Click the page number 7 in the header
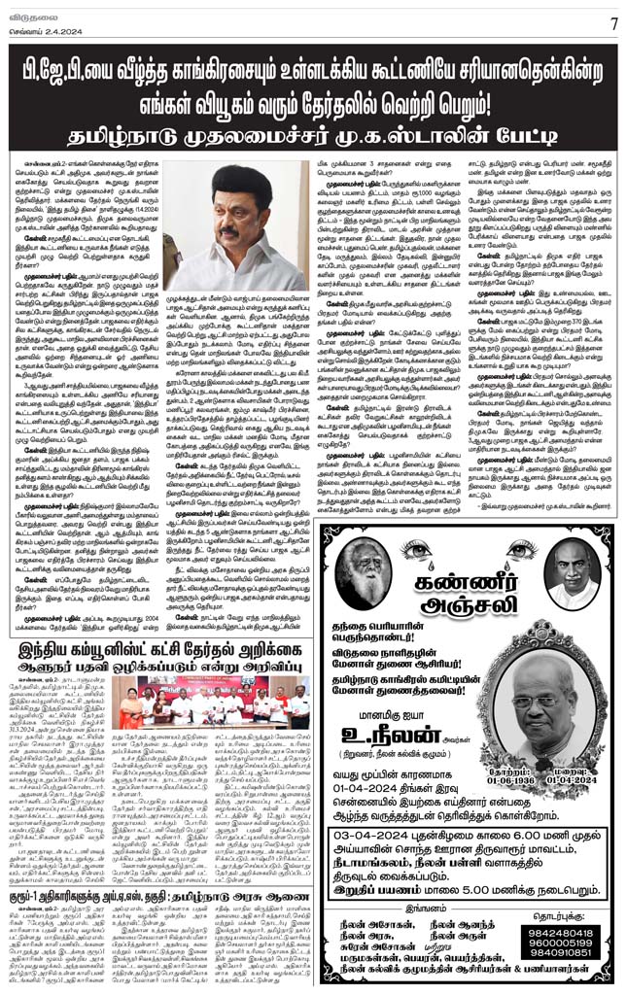tap(613, 22)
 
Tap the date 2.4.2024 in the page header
tap(48, 28)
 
